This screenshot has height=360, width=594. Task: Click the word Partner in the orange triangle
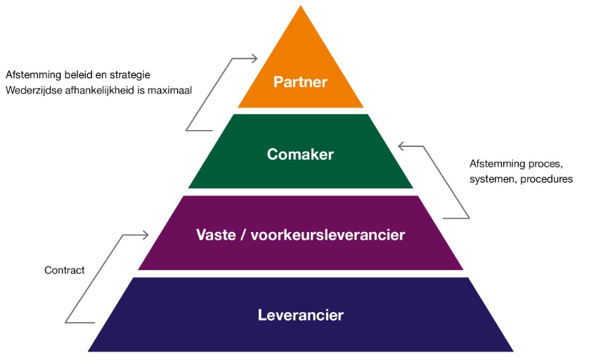tap(301, 82)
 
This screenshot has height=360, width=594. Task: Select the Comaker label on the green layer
tap(300, 155)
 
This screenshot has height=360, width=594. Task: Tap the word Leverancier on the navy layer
tap(300, 315)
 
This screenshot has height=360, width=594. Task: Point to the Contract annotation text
tap(64, 270)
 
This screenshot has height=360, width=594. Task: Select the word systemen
tap(491, 179)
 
